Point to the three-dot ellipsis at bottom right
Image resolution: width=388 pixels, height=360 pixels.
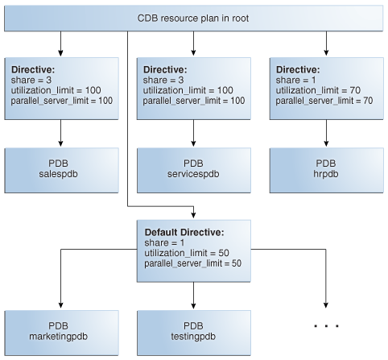pyautogui.click(x=325, y=326)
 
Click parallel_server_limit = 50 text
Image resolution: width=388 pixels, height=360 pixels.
pyautogui.click(x=192, y=263)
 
